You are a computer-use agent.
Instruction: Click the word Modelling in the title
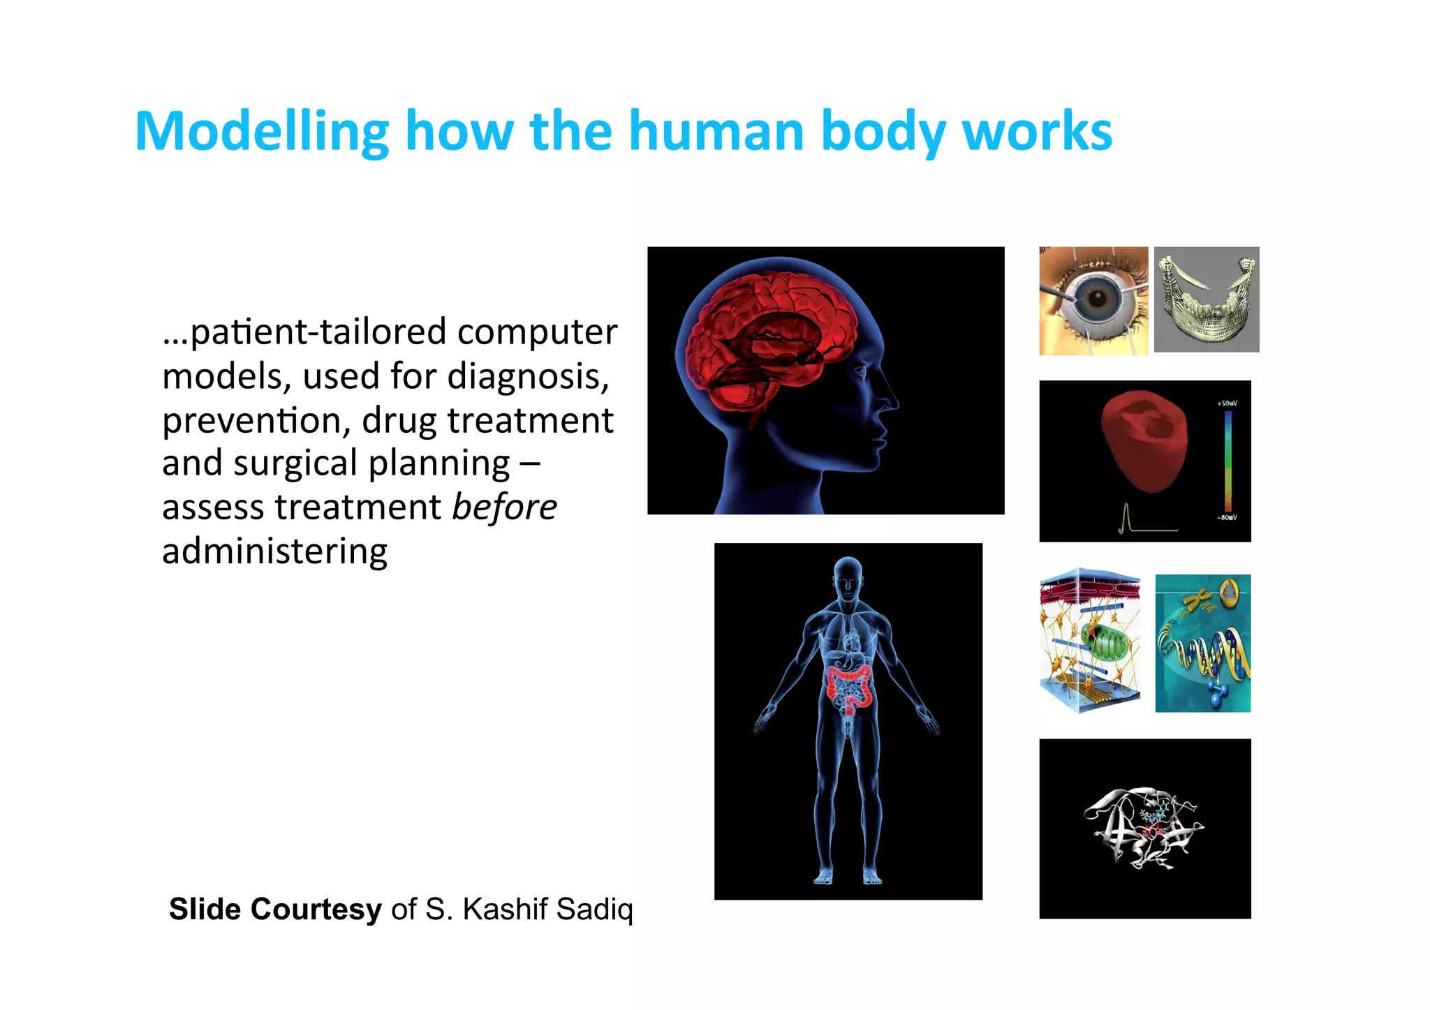262,131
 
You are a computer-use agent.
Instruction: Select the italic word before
504,507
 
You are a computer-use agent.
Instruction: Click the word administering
274,551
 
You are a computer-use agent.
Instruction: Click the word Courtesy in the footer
316,909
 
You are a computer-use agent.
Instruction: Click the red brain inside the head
768,328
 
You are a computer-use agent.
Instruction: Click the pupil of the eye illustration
1098,299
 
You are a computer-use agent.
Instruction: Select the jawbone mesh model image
1207,299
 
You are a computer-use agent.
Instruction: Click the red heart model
1143,440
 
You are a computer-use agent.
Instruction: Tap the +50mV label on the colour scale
1227,403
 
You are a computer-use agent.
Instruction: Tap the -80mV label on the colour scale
1227,518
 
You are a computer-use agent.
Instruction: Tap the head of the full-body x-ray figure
848,576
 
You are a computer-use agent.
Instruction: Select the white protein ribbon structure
1143,829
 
